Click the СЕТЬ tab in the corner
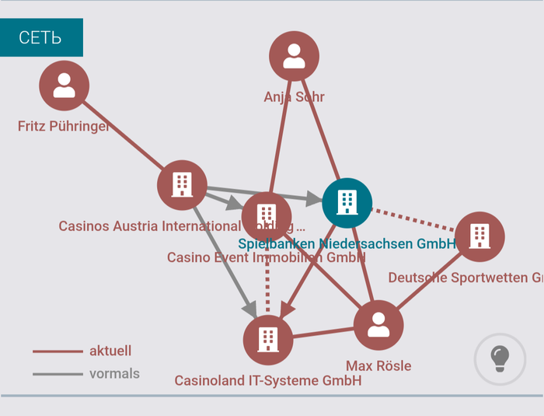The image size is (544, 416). [x=40, y=37]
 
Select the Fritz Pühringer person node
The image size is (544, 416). [x=64, y=86]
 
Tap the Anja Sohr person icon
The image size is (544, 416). [x=294, y=56]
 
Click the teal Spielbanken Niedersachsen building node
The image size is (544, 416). [x=347, y=202]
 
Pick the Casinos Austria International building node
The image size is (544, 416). [x=182, y=185]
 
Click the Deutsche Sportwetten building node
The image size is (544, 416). [x=479, y=236]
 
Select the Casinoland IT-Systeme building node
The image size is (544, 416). [x=268, y=340]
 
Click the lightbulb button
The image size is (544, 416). [x=499, y=358]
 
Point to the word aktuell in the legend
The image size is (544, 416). [x=110, y=351]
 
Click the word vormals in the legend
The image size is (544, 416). [x=114, y=374]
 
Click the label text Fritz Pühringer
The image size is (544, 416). [x=64, y=126]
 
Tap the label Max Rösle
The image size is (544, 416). [x=378, y=365]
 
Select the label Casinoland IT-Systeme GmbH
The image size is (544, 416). [x=268, y=381]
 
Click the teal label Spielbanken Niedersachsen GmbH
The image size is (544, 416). [x=347, y=243]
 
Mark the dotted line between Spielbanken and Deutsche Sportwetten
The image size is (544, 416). [x=412, y=218]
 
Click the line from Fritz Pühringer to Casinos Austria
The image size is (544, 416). [x=124, y=136]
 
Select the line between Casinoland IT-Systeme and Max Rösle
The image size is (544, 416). [x=323, y=333]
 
